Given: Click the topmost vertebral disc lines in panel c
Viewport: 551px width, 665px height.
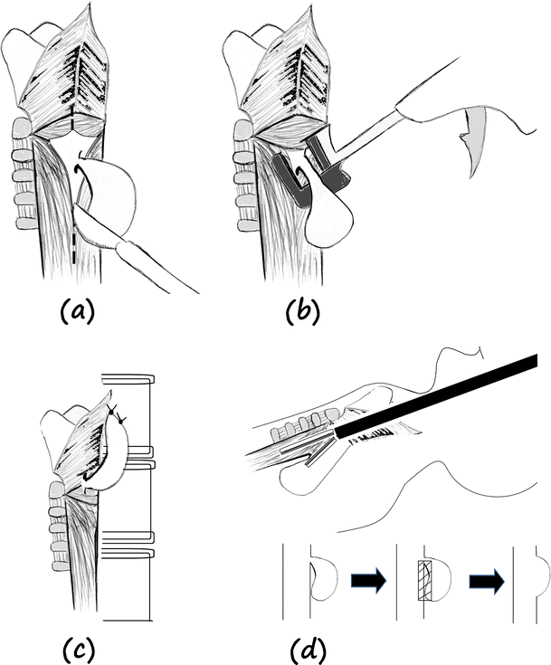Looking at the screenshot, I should point(128,378).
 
